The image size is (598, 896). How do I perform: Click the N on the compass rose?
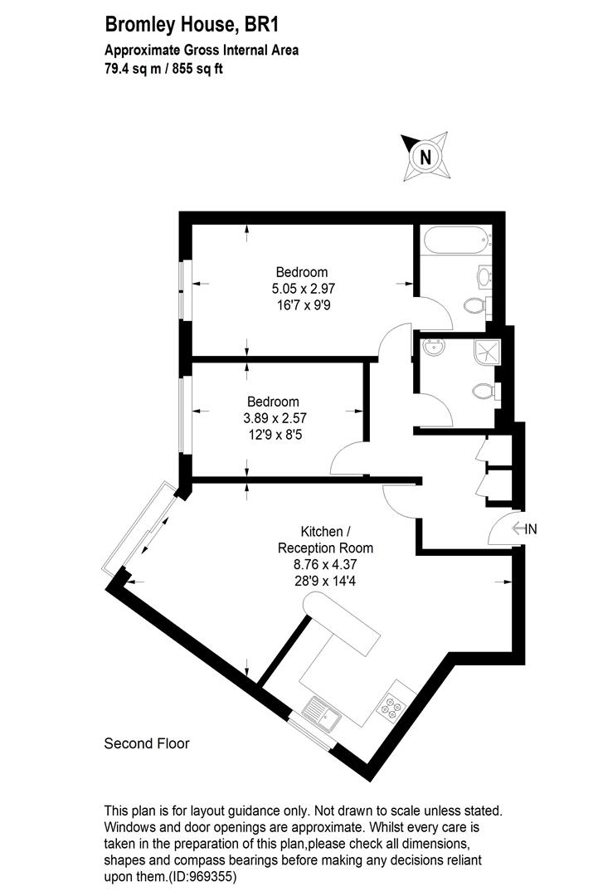click(x=425, y=156)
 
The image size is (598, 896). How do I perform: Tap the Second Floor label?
click(x=146, y=743)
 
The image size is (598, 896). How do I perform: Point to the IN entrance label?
click(x=531, y=528)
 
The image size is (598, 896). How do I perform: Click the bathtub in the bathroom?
click(x=455, y=243)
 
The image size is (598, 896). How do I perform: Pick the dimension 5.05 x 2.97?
click(x=302, y=289)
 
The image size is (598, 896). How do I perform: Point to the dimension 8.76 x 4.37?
click(x=325, y=564)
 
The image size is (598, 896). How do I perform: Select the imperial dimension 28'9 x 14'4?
click(x=325, y=581)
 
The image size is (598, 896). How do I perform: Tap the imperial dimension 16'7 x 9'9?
click(x=302, y=304)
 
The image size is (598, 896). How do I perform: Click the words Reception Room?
click(x=325, y=548)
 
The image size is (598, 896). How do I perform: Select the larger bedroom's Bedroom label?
click(x=302, y=272)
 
